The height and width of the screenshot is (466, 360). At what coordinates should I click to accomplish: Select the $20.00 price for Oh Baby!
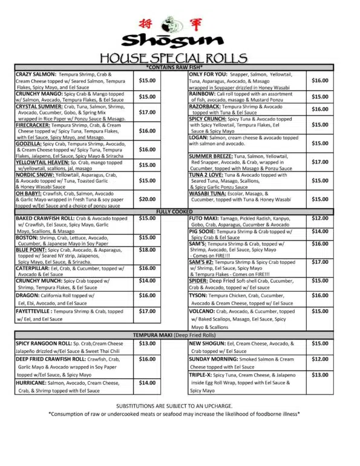[147, 199]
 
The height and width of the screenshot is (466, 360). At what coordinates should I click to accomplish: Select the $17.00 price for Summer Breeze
[320, 162]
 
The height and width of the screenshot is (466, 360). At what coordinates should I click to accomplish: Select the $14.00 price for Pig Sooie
[320, 231]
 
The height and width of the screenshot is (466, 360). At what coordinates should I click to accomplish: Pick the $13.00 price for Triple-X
[320, 375]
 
